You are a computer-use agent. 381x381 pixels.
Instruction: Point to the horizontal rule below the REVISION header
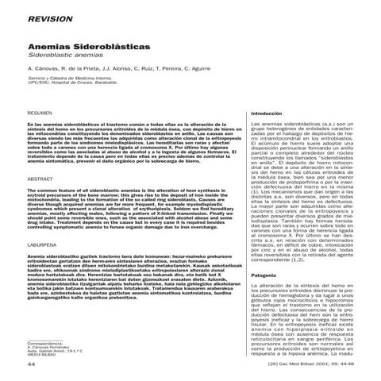click(x=190, y=26)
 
